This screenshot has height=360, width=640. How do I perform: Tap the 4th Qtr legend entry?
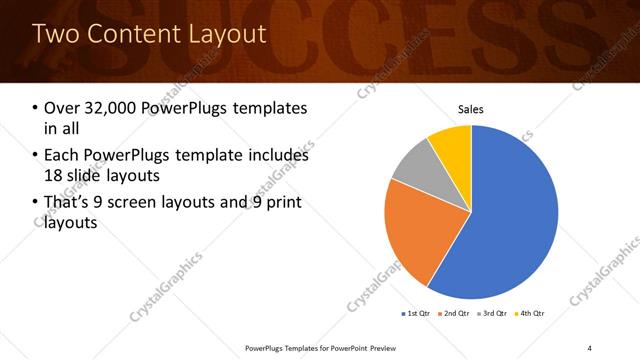[530, 314]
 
